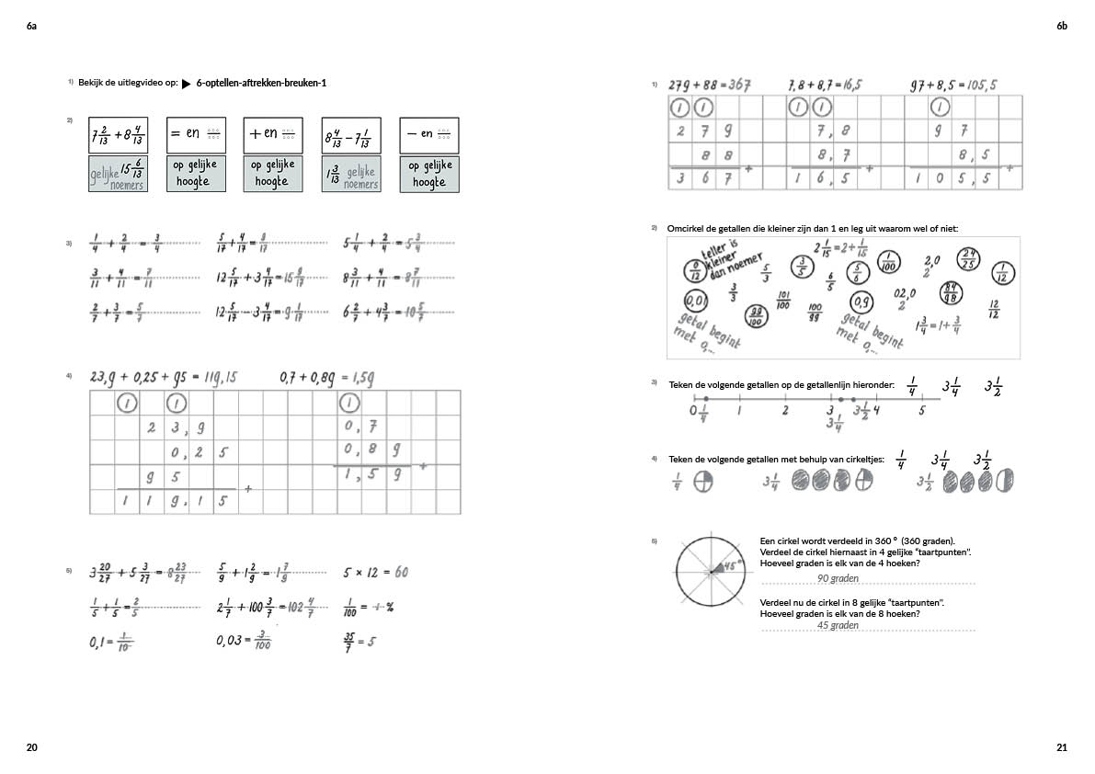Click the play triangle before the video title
186,84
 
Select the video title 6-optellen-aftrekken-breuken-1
261,84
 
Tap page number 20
32,747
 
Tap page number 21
1062,747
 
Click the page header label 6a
32,27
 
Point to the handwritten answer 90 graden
838,578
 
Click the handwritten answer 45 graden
838,625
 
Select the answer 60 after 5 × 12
402,572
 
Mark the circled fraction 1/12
1003,273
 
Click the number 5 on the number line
921,411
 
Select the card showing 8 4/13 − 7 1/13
351,136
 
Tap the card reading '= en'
196,134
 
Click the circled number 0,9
862,302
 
